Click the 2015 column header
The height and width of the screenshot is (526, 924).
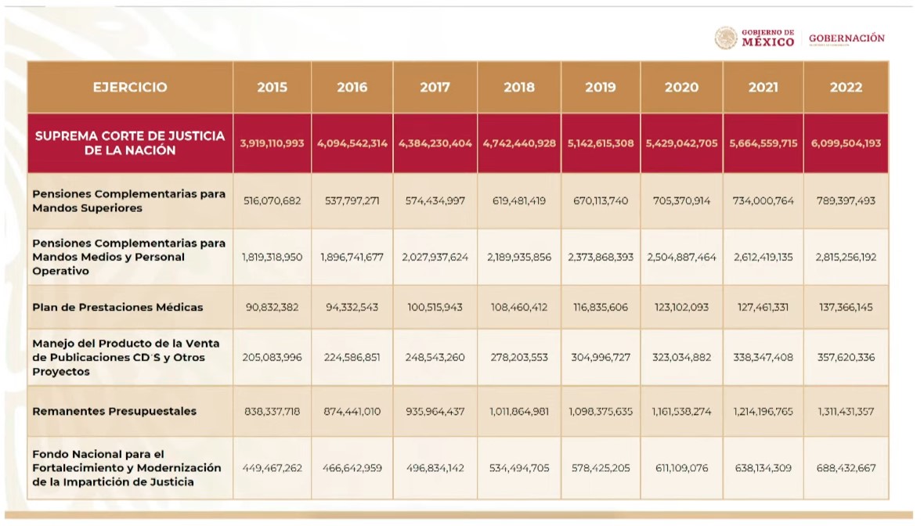click(x=272, y=88)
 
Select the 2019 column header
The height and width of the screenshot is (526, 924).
click(x=601, y=88)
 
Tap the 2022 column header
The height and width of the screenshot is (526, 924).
click(x=846, y=88)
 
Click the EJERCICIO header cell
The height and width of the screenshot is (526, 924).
click(x=130, y=88)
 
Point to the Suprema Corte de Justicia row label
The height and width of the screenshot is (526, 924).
click(x=130, y=143)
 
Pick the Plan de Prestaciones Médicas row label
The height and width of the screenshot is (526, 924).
click(x=117, y=308)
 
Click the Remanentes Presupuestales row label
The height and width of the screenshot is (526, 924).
click(x=114, y=412)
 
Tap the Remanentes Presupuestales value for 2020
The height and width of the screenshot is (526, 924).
click(x=681, y=412)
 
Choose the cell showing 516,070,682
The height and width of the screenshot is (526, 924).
click(x=272, y=201)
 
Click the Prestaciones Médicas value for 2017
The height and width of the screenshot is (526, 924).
click(x=435, y=308)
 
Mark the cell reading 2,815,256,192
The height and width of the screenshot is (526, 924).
click(x=846, y=258)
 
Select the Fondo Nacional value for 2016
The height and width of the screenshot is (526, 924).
click(x=352, y=469)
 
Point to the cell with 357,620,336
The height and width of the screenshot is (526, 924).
click(x=846, y=358)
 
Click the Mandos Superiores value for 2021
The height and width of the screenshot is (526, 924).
click(x=763, y=201)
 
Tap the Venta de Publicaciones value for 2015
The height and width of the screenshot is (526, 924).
click(x=272, y=358)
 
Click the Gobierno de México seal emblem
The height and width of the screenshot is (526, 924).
click(x=726, y=38)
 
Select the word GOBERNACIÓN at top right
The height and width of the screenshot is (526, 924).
click(x=846, y=38)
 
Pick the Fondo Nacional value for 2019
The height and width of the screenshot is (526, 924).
click(x=601, y=469)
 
